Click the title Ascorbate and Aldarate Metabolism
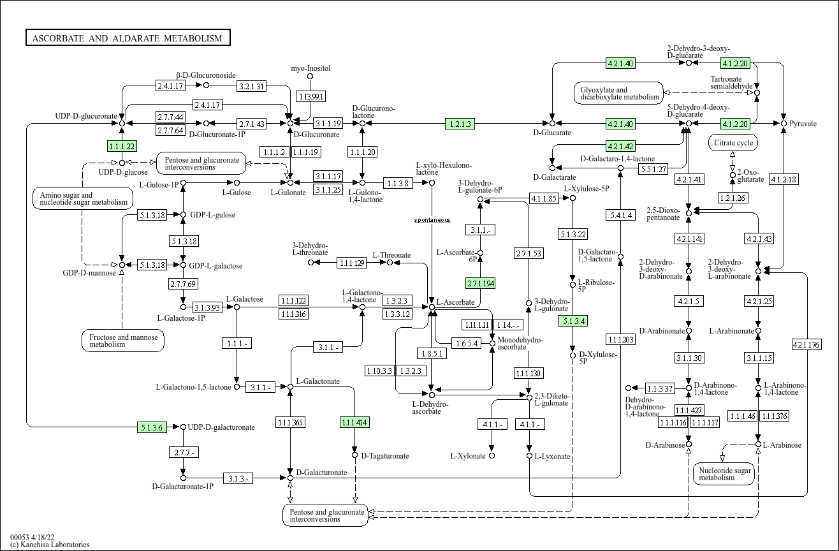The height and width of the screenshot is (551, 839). point(128,38)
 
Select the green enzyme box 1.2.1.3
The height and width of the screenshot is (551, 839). point(460,124)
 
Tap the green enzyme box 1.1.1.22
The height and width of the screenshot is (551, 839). point(122,146)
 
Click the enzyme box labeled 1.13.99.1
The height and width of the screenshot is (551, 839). point(310,96)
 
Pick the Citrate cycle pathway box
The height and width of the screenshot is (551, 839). point(733,143)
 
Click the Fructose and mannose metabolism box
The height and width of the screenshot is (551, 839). point(123,341)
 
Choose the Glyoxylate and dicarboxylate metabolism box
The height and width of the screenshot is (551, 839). point(618,94)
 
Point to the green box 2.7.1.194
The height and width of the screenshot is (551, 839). point(481,283)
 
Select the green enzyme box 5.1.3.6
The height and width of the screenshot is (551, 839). point(152,427)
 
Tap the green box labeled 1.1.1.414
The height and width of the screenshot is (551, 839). point(355,422)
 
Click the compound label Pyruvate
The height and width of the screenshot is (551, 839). point(803,124)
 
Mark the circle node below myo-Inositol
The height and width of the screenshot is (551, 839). point(310,77)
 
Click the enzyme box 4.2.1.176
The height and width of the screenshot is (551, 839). point(806,344)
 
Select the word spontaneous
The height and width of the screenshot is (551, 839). point(432,220)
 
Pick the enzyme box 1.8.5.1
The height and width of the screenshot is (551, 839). point(432,353)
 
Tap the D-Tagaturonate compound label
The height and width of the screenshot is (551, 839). point(384,456)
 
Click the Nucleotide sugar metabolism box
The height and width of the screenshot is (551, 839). point(723,473)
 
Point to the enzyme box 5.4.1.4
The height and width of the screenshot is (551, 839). point(620,216)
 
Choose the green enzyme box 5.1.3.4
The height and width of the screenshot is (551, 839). point(572,321)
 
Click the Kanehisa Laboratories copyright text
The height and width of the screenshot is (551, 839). point(50,545)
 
